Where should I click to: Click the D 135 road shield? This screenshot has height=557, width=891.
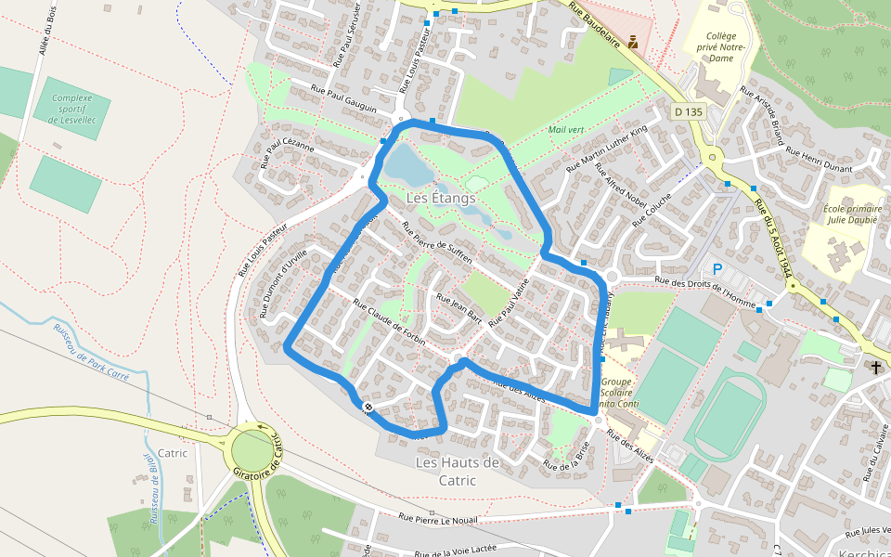689,111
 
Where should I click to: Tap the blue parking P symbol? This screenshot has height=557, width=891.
717,269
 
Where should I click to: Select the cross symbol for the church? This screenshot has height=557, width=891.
876,368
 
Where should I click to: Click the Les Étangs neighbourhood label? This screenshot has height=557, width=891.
441,199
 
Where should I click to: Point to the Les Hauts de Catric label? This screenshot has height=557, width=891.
458,471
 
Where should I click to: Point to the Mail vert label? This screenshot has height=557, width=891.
565,130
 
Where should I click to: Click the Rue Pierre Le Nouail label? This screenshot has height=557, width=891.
437,519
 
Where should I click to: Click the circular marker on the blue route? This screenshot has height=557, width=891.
369,408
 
